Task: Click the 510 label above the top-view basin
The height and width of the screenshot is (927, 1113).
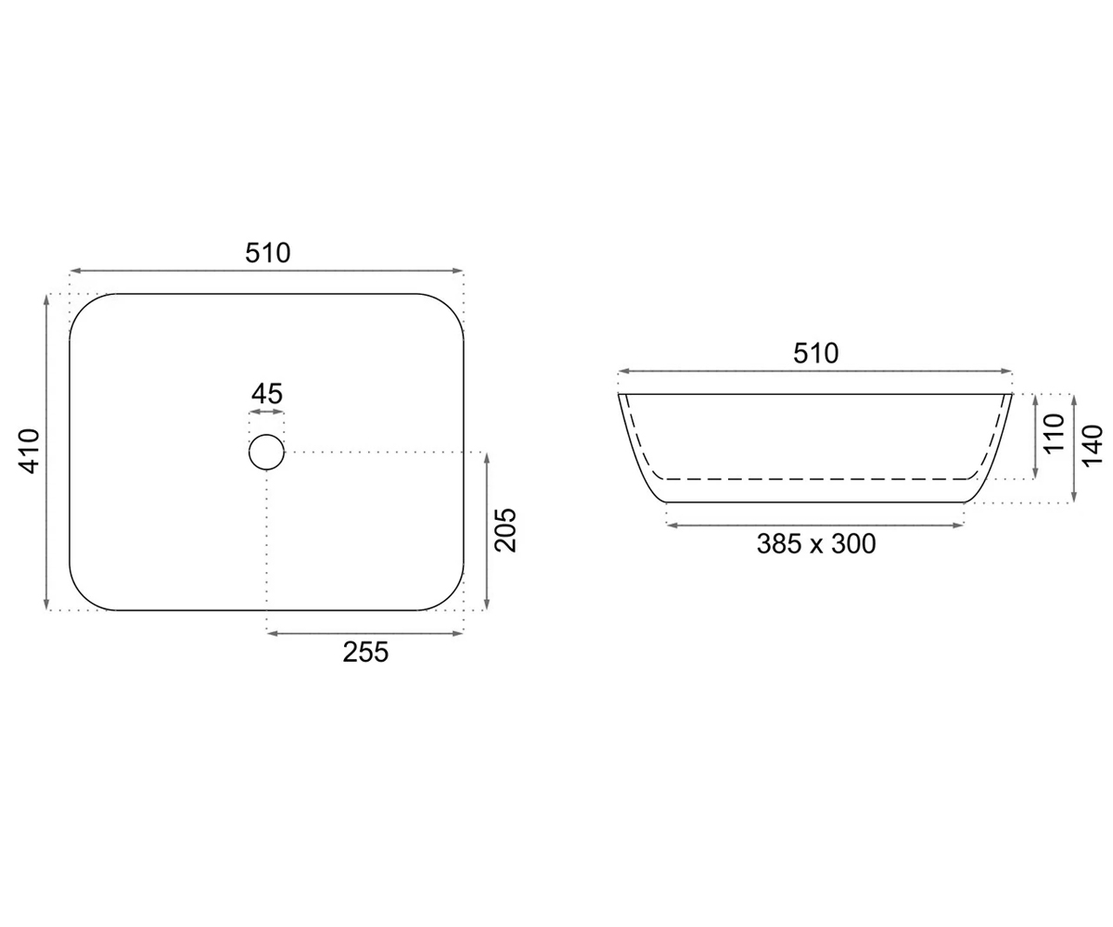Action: point(268,253)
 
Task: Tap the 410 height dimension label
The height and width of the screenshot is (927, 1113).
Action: point(30,451)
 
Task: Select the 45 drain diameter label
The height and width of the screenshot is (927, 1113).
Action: point(266,394)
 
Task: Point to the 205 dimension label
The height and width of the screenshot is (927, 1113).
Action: point(505,530)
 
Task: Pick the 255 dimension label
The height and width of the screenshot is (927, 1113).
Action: point(365,652)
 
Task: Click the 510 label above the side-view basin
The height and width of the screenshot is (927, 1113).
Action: point(815,353)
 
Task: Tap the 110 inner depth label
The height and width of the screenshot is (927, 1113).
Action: point(1054,433)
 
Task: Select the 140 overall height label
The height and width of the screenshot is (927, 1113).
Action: point(1093,444)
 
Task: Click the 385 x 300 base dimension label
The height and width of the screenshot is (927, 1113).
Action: point(816,543)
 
